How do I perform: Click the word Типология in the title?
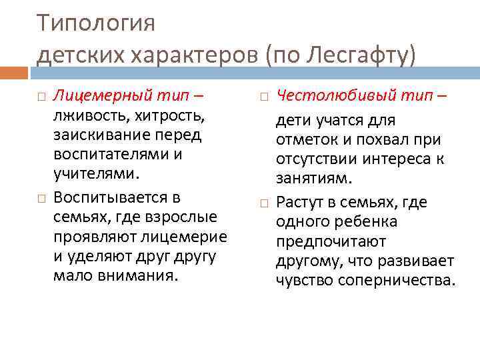tap(96, 23)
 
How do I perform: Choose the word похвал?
tap(389, 140)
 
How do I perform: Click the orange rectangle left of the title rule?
tap(15, 72)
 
